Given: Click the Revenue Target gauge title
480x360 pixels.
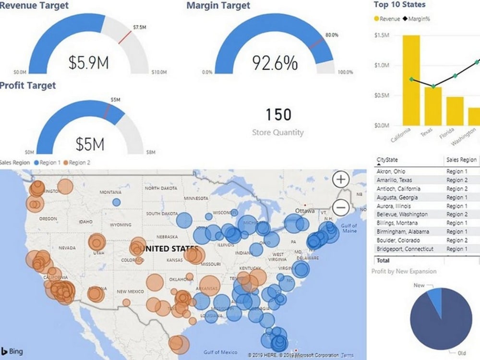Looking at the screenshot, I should tap(34, 6).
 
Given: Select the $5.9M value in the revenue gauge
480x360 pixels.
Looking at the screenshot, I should tap(88, 62).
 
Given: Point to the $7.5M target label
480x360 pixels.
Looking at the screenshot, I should tap(139, 27).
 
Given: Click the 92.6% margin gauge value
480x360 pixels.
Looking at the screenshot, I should tap(275, 63).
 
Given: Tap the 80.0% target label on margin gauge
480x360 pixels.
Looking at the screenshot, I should tap(332, 36).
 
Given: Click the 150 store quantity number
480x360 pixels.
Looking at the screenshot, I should tap(278, 115).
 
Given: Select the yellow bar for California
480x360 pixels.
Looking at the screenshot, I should tap(411, 80).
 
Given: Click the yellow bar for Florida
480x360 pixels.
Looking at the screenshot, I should tap(455, 111).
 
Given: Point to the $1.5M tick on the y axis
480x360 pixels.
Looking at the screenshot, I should tap(382, 36).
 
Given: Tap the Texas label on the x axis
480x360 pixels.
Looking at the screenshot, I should tap(426, 132).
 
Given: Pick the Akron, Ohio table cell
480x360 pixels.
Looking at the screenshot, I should tap(391, 171).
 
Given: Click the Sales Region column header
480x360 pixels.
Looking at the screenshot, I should tap(461, 160).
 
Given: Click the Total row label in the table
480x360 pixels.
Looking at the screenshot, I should tap(383, 261).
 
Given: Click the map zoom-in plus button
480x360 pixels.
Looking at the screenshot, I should tap(341, 180).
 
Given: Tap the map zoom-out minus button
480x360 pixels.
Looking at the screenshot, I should tap(341, 207).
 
